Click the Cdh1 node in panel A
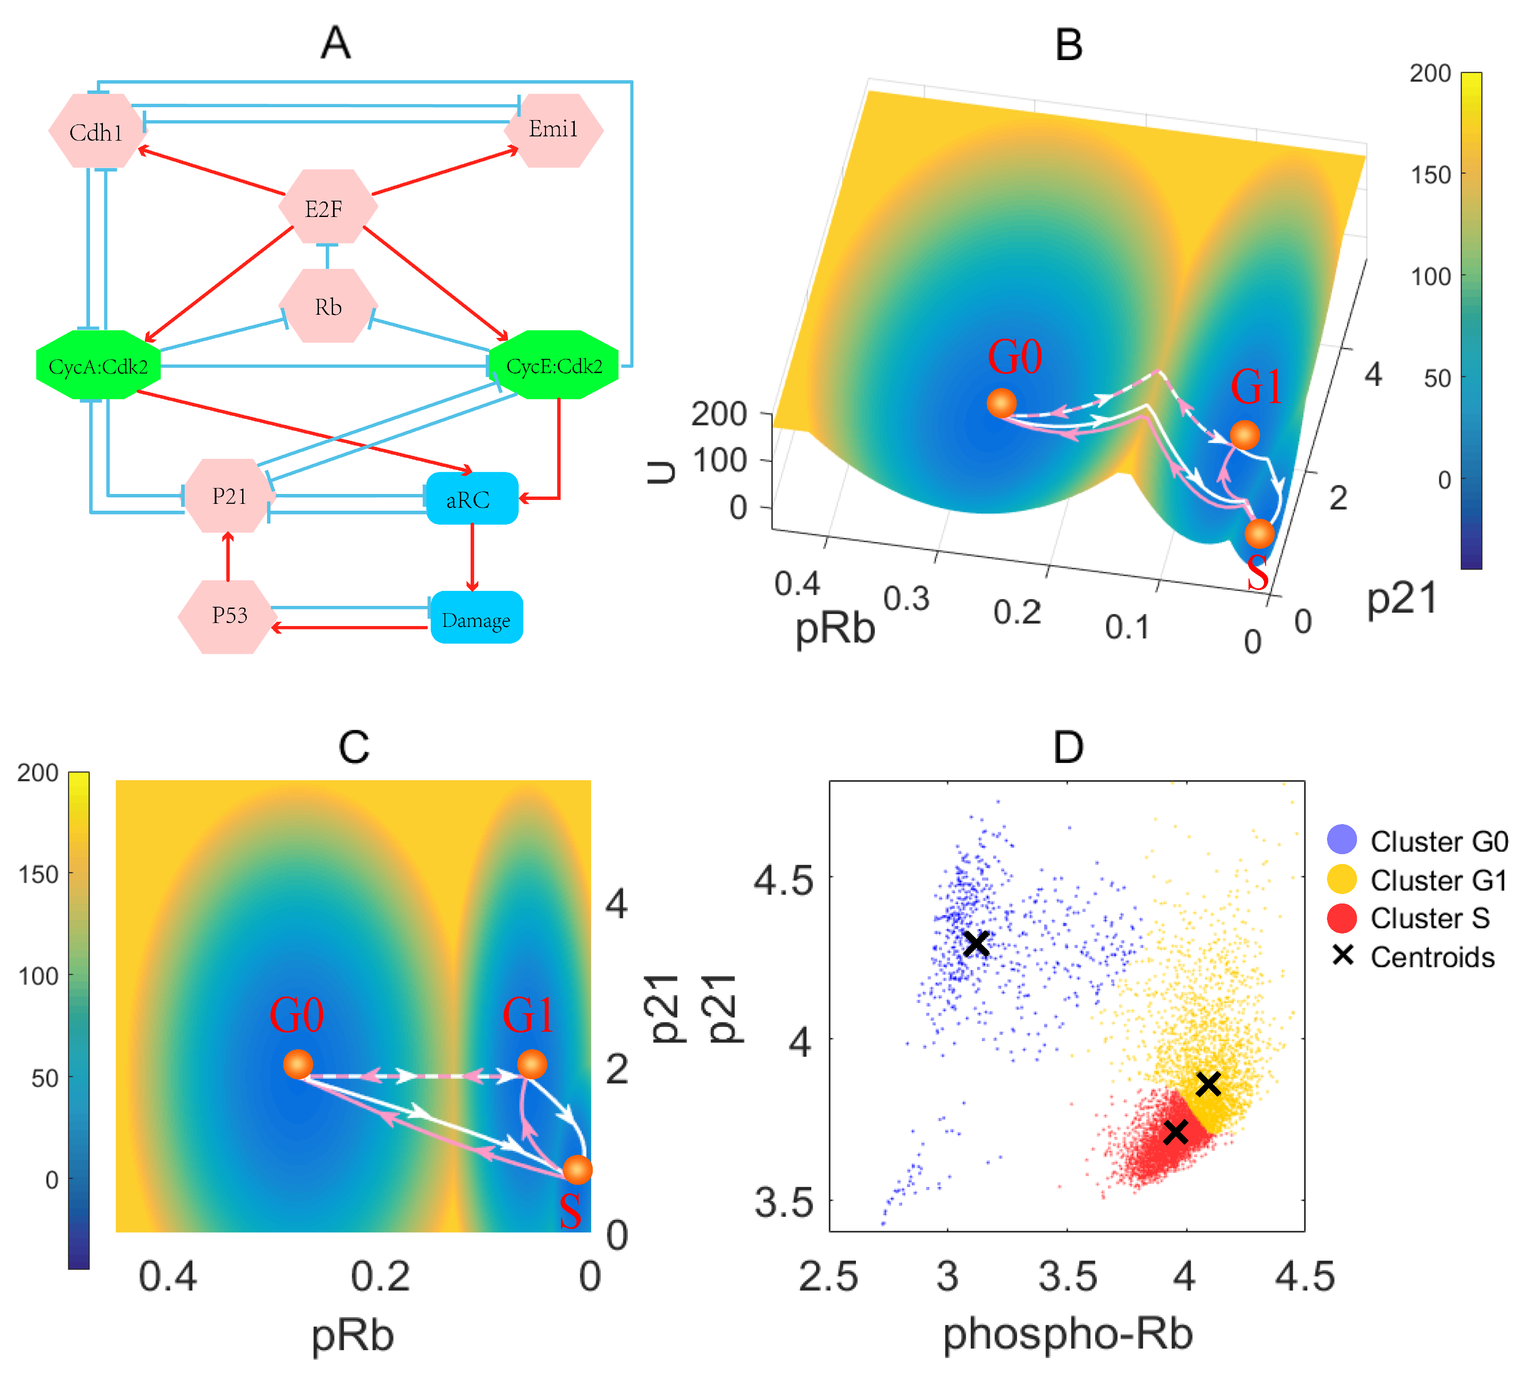click(96, 132)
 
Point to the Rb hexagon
click(328, 306)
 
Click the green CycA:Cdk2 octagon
click(98, 366)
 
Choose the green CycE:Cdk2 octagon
click(554, 366)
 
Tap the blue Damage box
click(476, 619)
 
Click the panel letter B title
click(1068, 45)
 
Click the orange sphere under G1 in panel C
click(532, 1064)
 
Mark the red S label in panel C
click(570, 1211)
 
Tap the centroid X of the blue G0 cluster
click(976, 943)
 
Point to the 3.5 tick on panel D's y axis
click(784, 1202)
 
